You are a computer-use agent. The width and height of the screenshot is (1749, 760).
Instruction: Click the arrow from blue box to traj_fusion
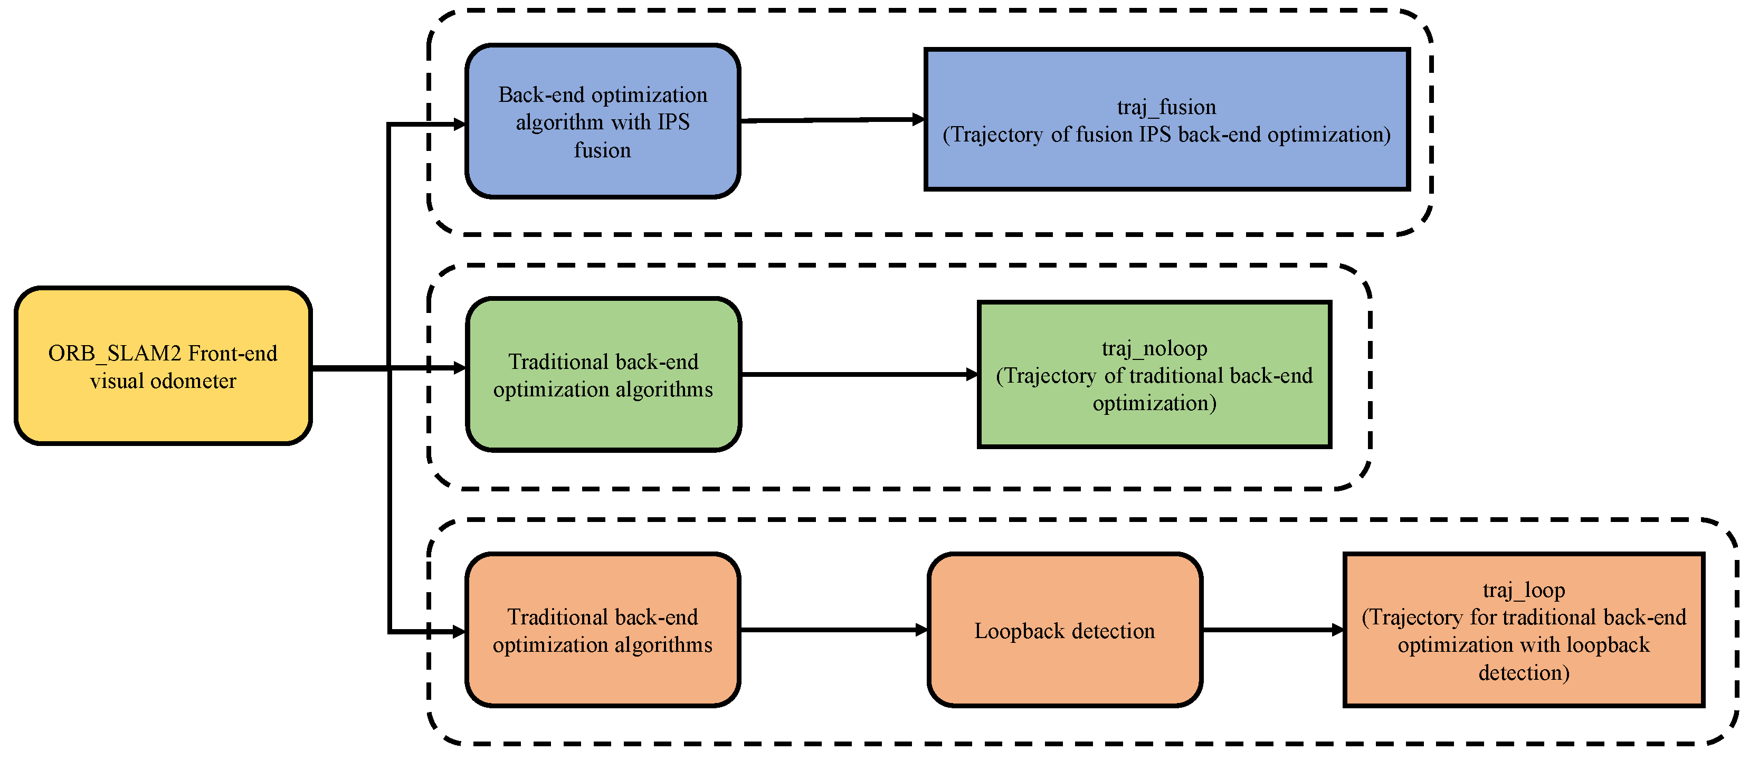coord(832,120)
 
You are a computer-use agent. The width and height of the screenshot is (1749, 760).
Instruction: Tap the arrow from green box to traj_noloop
coord(859,374)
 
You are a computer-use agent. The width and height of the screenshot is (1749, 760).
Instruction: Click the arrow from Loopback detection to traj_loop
coord(1273,630)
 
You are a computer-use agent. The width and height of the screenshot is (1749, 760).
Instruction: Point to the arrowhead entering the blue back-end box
coord(460,124)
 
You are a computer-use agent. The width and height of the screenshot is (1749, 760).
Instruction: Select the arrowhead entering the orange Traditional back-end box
coord(460,632)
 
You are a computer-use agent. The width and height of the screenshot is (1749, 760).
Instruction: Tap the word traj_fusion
coord(1166,107)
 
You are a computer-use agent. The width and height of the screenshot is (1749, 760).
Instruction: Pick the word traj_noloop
coord(1154,348)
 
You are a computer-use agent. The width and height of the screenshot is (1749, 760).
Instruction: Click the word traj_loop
coord(1524,590)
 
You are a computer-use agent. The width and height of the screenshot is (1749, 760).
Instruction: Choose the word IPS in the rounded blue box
coord(673,122)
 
